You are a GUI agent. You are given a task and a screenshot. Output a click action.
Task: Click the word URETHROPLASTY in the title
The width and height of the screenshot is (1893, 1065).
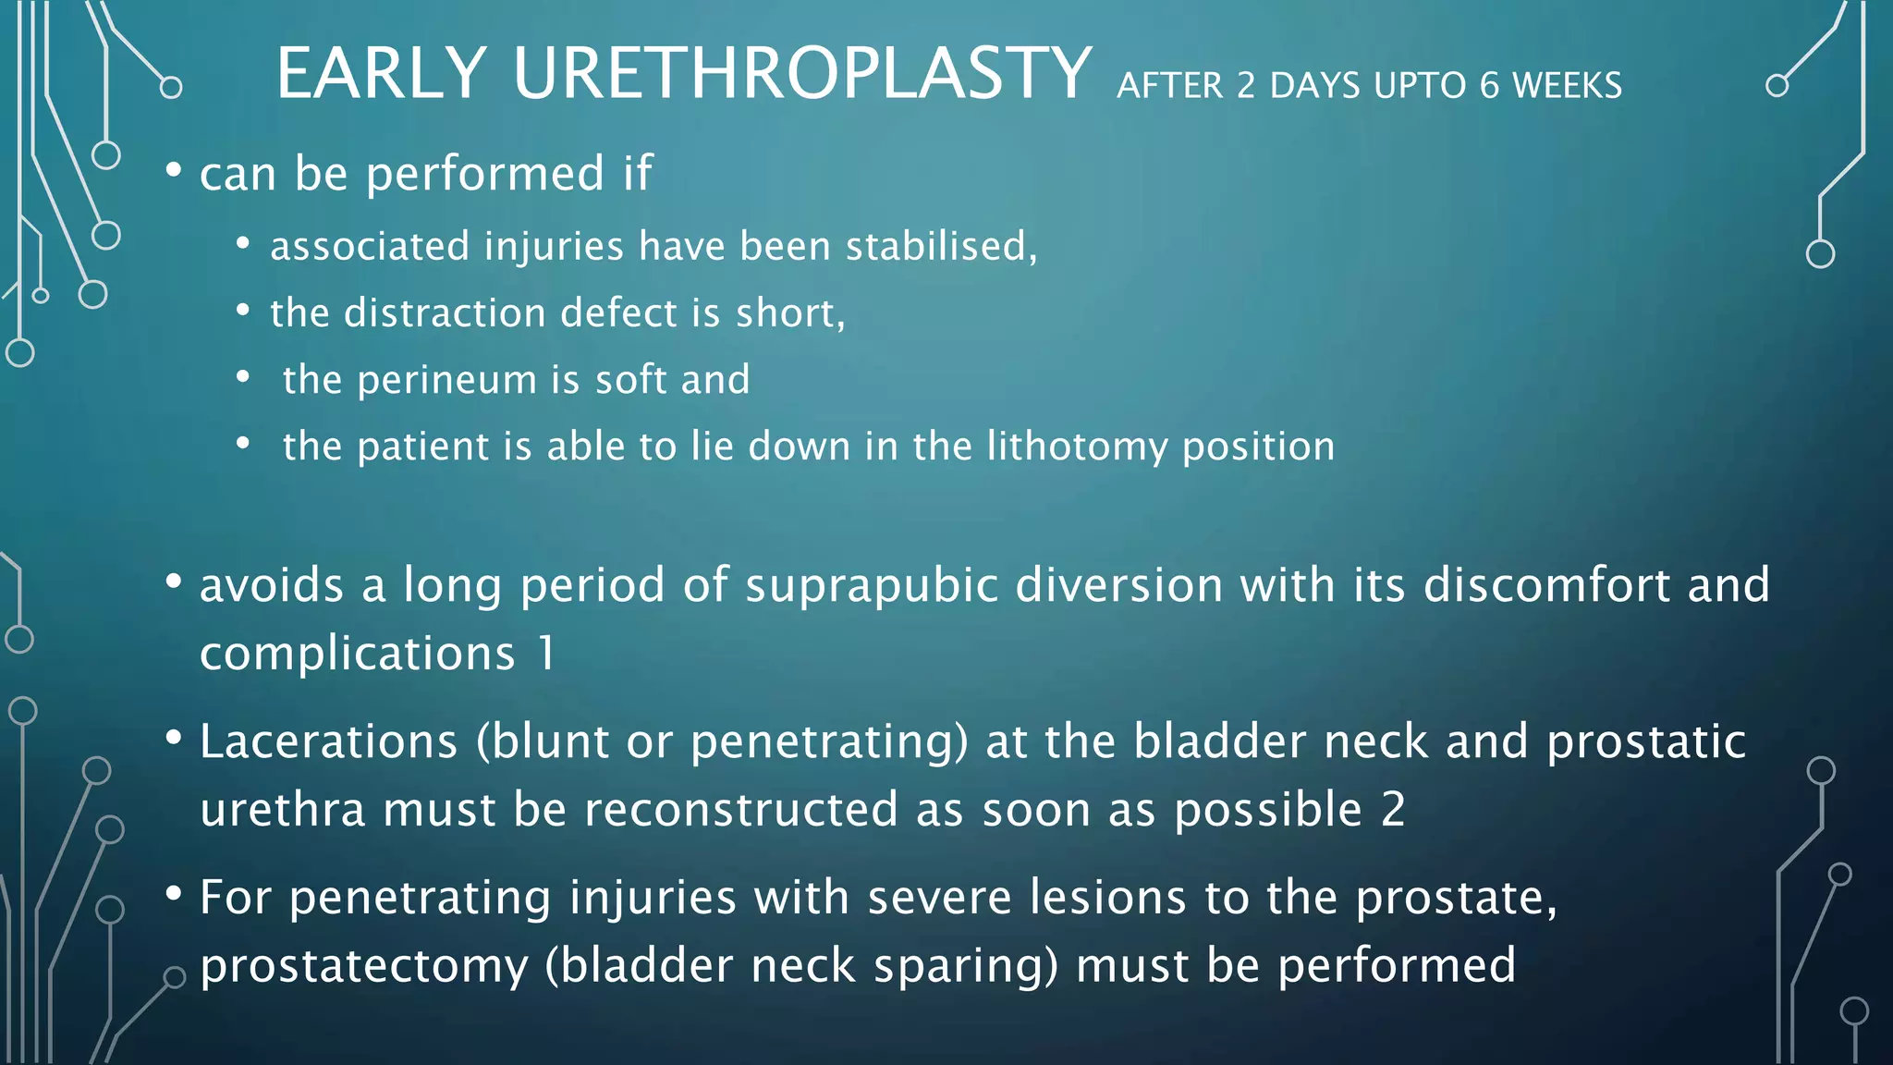pos(801,73)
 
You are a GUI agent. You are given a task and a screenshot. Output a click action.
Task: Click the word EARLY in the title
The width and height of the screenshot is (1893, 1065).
pos(381,73)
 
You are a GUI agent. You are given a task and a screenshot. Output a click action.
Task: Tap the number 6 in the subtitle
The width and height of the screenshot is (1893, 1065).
pos(1488,86)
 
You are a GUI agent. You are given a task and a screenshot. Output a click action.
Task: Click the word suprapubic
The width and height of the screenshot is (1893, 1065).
pos(872,586)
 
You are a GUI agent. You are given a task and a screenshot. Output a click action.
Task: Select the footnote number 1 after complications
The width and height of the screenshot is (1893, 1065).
pos(547,654)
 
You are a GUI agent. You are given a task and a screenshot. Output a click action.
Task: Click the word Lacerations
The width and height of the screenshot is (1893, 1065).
pos(329,741)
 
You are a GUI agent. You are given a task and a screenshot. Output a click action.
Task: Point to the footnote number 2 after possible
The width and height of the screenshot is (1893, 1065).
pos(1393,810)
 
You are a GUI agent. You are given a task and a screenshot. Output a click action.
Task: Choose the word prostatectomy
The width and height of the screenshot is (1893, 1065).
pos(364,966)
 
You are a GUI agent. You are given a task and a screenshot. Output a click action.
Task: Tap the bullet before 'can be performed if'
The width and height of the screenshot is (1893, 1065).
pos(173,170)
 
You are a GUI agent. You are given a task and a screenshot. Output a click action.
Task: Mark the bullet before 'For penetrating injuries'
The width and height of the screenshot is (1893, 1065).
pos(173,894)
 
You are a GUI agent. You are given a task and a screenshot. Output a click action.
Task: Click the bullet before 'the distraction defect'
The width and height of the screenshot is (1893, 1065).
pos(242,311)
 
